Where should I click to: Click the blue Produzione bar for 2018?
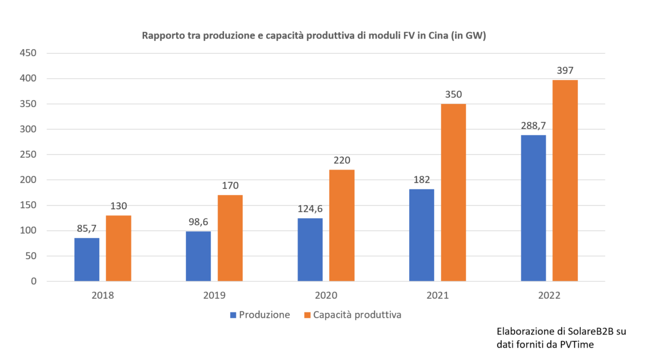[x=87, y=260]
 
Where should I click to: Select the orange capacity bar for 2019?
[x=230, y=238]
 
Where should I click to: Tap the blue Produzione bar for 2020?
[x=310, y=249]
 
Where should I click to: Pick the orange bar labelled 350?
[x=453, y=193]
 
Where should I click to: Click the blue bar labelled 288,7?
[x=533, y=208]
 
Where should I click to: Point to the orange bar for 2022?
[x=565, y=180]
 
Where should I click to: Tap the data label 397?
[x=565, y=71]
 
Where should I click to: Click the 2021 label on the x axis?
[x=437, y=295]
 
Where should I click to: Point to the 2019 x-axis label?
[x=214, y=295]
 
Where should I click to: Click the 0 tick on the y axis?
[x=33, y=281]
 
